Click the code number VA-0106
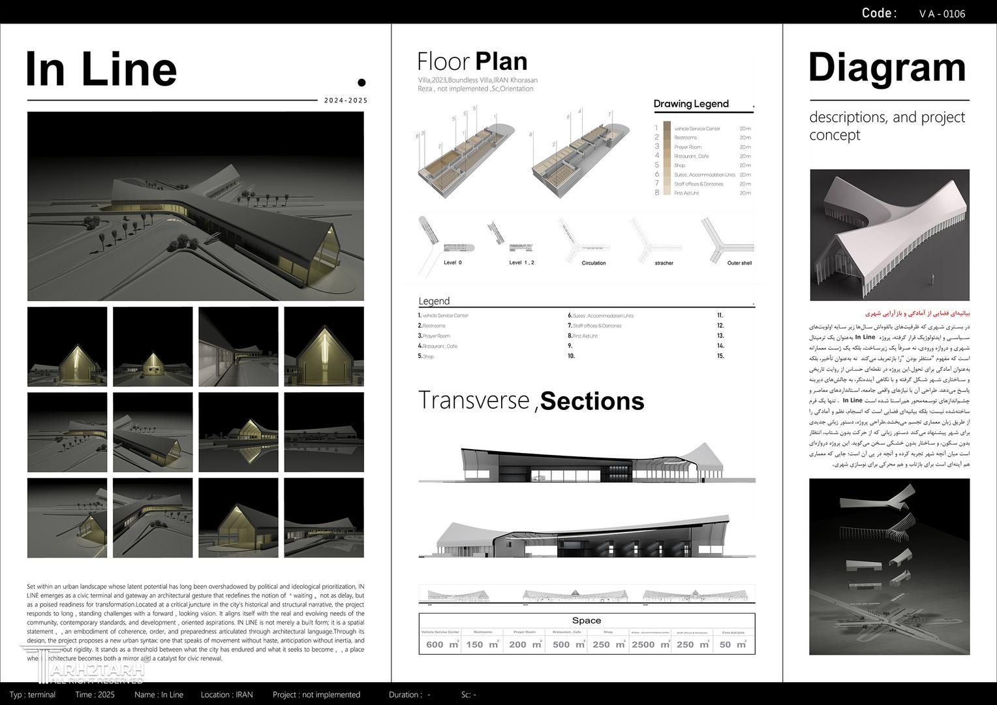coord(942,14)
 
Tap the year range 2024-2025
coord(346,101)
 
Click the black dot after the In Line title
coord(361,82)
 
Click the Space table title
coord(586,620)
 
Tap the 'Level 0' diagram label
coord(453,262)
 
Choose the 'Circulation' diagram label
coord(593,263)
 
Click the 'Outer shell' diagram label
coord(739,263)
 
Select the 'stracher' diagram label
coord(664,263)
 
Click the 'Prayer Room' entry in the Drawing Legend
coord(688,147)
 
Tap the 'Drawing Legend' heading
coord(691,104)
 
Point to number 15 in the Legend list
coord(720,356)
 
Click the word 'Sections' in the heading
coord(592,401)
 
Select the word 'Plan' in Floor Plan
coord(501,61)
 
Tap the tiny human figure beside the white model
coord(932,279)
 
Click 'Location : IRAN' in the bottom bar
coord(226,695)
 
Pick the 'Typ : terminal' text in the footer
coord(33,695)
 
